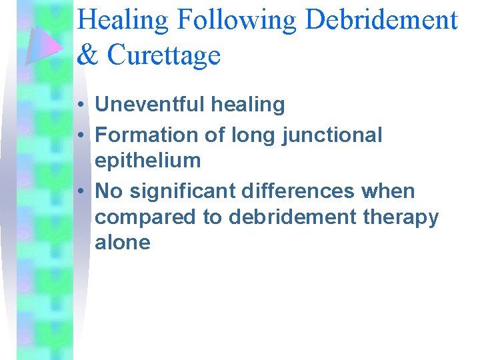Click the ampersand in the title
pos(87,55)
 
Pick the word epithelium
pos(147,161)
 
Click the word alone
pos(123,243)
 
